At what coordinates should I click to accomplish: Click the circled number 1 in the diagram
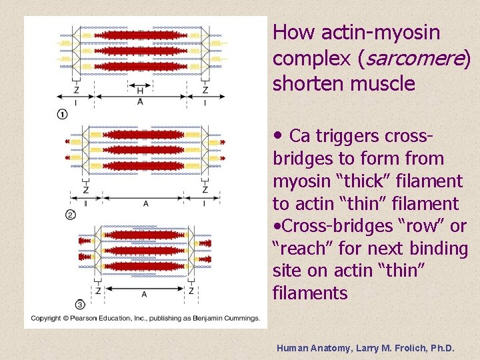click(62, 115)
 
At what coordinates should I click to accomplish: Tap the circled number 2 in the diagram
click(71, 215)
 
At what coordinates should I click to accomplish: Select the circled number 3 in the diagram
click(80, 305)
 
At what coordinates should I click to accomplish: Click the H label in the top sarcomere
click(140, 91)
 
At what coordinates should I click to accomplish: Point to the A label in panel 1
click(140, 102)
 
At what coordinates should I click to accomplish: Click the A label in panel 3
click(144, 294)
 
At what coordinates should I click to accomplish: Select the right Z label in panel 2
click(205, 190)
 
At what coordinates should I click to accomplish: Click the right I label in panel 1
click(205, 103)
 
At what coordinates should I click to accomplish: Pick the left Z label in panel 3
click(98, 291)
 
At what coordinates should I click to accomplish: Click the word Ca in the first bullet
click(300, 136)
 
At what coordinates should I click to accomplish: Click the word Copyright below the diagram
click(46, 318)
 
